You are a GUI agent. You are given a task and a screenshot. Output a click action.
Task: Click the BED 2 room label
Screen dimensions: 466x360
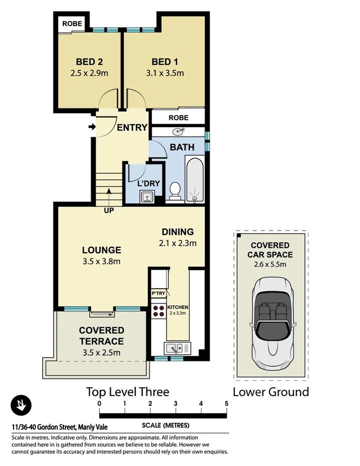tap(89, 62)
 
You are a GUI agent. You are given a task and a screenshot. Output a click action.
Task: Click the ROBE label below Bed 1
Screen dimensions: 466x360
tap(178, 118)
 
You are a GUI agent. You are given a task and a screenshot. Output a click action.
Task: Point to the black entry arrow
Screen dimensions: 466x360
tap(92, 127)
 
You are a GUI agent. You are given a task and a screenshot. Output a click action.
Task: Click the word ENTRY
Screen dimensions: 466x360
tap(132, 128)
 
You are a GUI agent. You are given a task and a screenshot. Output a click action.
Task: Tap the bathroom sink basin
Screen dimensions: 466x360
tap(178, 132)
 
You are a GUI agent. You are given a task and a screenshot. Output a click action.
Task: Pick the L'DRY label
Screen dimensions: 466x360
tap(148, 183)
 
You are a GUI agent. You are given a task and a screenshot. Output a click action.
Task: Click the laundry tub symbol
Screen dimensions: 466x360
tap(147, 197)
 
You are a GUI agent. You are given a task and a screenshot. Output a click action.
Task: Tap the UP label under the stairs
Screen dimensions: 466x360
tap(109, 211)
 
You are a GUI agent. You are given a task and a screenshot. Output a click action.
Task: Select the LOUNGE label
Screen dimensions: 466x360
tap(102, 250)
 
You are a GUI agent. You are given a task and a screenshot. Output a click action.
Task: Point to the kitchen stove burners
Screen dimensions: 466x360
tap(159, 312)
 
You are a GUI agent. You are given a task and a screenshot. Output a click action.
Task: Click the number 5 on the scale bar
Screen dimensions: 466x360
tap(227, 403)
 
